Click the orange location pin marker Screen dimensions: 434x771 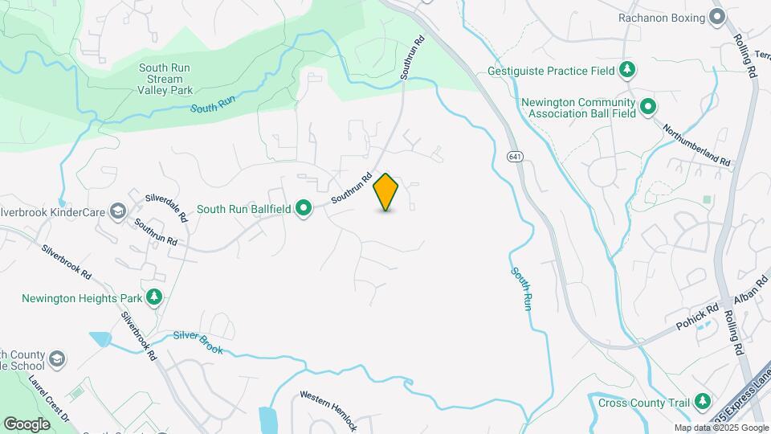pyautogui.click(x=386, y=191)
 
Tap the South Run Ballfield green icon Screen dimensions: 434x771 pyautogui.click(x=304, y=209)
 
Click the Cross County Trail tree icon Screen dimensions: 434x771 pyautogui.click(x=703, y=400)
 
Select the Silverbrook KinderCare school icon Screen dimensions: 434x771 pyautogui.click(x=118, y=211)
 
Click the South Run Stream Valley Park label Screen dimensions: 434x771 pyautogui.click(x=165, y=79)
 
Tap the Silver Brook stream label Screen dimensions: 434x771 pyautogui.click(x=197, y=343)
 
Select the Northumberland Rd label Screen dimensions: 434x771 pyautogui.click(x=697, y=145)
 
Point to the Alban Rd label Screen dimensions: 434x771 pyautogui.click(x=738, y=287)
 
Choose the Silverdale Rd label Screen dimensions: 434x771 pyautogui.click(x=165, y=207)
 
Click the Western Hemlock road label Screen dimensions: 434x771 pyautogui.click(x=328, y=411)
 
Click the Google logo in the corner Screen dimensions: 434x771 pyautogui.click(x=27, y=424)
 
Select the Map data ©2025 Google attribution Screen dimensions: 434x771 pyautogui.click(x=721, y=428)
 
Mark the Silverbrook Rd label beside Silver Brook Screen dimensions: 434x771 pyautogui.click(x=139, y=335)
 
